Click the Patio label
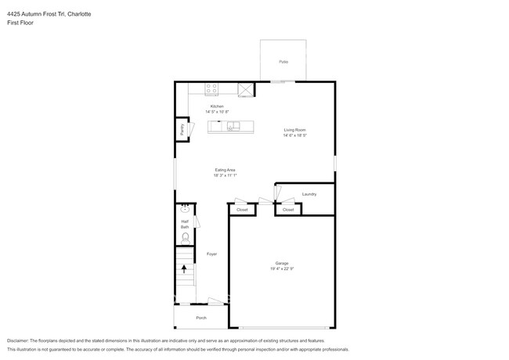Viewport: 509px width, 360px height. tap(283, 61)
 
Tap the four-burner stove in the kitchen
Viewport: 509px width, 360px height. tap(211, 88)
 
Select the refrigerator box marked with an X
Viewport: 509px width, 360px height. tap(246, 90)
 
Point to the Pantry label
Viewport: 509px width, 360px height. tap(182, 130)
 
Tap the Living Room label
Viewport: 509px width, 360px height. tap(294, 130)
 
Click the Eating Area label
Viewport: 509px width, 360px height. tap(226, 170)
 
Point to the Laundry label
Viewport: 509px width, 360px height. tap(309, 193)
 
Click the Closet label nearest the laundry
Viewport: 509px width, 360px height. tap(288, 210)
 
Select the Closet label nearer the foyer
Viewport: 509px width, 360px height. tap(242, 210)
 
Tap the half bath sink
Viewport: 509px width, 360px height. tap(186, 209)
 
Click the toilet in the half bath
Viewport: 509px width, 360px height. tap(186, 236)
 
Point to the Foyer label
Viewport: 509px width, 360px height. tap(211, 254)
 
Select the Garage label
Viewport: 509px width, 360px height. tap(282, 263)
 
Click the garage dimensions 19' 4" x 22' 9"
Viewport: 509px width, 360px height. tap(282, 269)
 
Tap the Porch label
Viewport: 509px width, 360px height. tap(201, 318)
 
